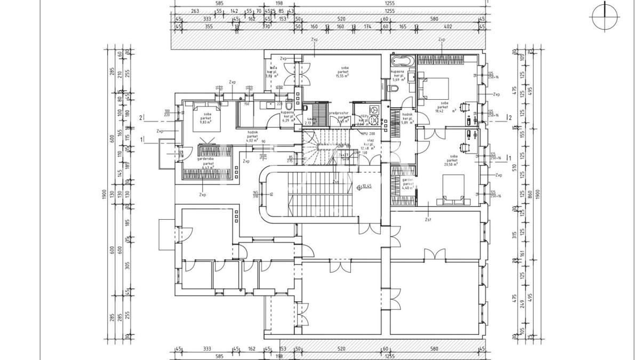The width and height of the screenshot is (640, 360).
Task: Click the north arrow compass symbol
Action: [605, 16]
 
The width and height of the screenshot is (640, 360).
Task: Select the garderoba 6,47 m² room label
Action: [205, 163]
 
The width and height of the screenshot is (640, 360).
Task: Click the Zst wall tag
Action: [428, 219]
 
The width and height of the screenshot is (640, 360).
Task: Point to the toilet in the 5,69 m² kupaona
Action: [394, 89]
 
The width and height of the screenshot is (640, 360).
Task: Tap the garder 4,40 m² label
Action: [407, 185]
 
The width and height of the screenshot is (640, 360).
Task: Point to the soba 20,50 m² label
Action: [453, 161]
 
